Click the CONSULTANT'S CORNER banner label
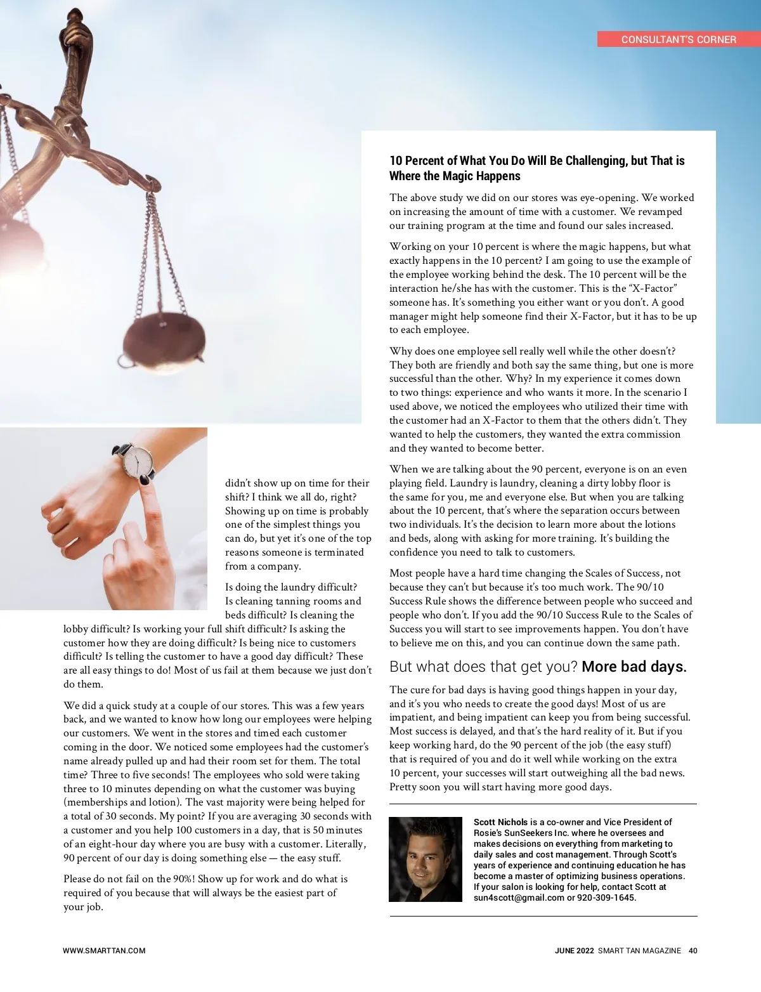click(679, 39)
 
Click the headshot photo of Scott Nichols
click(425, 859)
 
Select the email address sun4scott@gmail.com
click(519, 897)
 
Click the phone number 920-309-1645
click(606, 897)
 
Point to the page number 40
click(693, 951)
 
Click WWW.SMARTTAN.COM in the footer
click(104, 951)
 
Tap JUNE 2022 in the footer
click(574, 951)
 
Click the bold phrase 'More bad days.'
click(634, 667)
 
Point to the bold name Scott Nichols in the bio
click(500, 822)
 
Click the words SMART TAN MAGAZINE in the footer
click(639, 951)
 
